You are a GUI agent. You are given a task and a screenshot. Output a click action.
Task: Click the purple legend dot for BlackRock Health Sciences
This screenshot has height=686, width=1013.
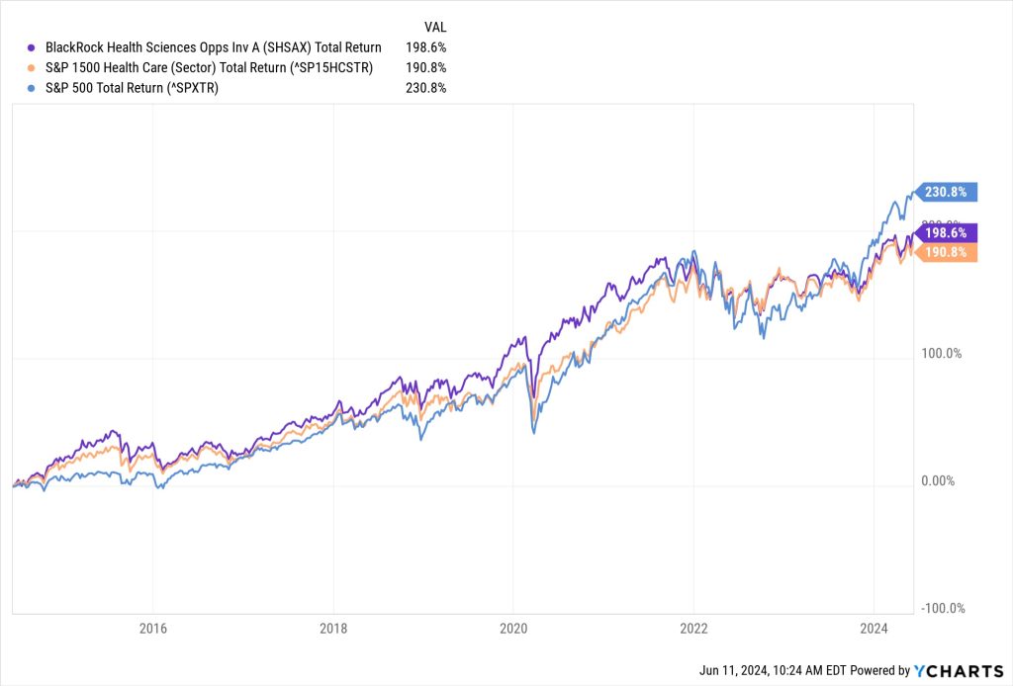(33, 47)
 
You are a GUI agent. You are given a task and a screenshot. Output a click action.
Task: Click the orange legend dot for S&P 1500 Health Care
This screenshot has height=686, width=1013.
(33, 67)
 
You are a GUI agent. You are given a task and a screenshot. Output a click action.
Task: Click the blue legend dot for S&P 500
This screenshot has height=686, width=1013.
(33, 87)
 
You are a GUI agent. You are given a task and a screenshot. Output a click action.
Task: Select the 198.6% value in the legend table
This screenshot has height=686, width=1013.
(425, 47)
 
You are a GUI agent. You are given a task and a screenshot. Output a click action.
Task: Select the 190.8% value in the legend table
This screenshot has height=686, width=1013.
(425, 67)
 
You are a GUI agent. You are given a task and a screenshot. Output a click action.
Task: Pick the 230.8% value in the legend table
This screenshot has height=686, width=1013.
(425, 87)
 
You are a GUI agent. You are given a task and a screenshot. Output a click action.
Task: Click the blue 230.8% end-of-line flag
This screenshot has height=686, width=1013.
(949, 192)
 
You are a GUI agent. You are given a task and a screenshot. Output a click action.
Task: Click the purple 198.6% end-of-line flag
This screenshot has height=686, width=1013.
(949, 232)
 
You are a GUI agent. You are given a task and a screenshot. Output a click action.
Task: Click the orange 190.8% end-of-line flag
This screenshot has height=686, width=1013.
(949, 253)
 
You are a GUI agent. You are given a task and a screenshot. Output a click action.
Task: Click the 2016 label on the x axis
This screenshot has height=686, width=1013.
(153, 629)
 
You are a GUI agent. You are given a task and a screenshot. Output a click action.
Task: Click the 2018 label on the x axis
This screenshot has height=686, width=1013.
(333, 629)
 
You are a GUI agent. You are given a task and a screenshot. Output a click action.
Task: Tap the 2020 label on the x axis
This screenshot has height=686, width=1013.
(513, 629)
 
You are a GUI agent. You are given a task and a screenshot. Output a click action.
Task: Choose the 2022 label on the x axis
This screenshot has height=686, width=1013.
(693, 629)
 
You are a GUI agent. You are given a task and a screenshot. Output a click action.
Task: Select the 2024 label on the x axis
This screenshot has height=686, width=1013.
(874, 629)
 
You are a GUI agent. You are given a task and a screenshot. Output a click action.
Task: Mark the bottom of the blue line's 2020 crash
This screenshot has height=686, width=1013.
(534, 432)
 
